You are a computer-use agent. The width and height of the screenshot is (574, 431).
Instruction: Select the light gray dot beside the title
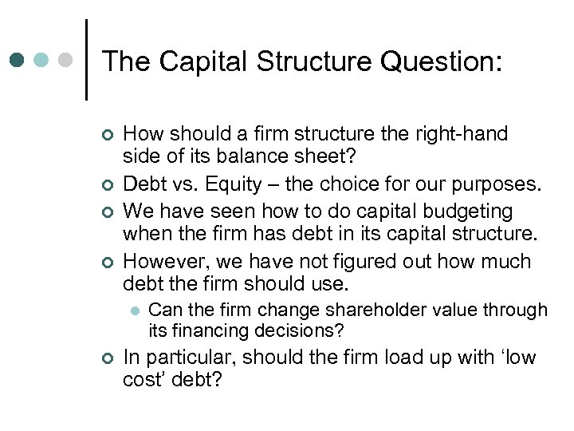tap(67, 60)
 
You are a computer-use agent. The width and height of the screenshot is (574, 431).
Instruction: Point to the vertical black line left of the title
tap(86, 60)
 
